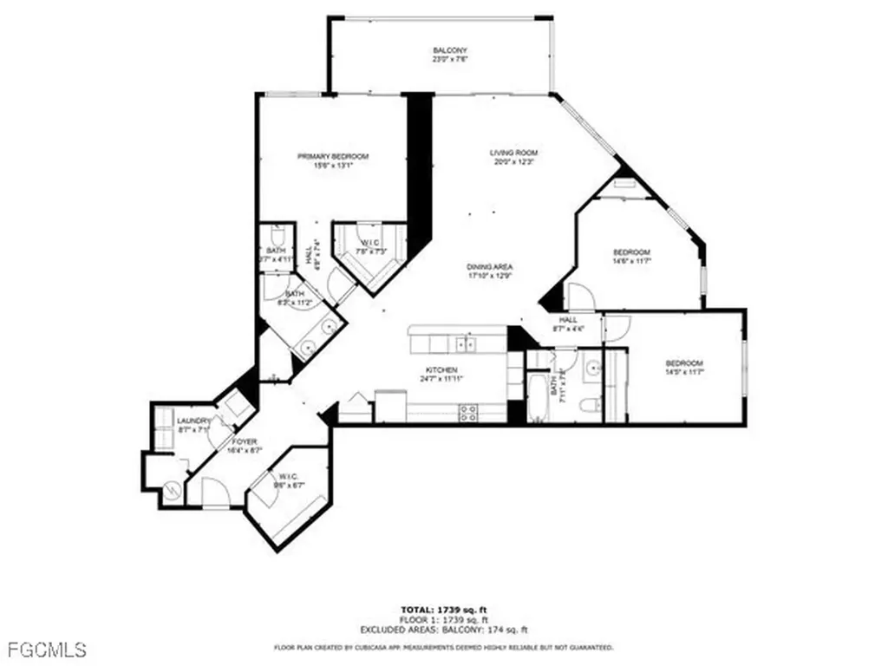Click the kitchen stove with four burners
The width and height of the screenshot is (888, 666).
point(469,413)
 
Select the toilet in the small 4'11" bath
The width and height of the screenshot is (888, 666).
point(277,237)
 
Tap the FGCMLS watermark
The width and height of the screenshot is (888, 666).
point(45,649)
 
